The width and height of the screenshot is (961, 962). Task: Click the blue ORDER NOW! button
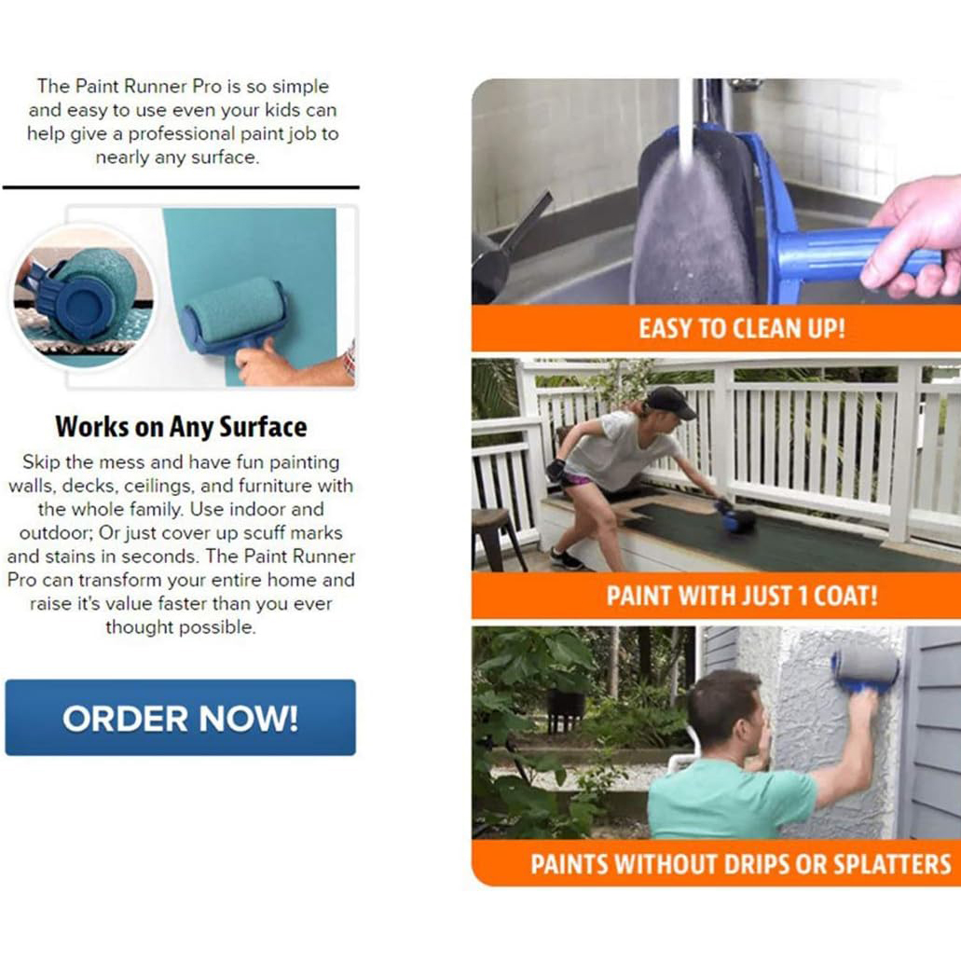tap(180, 717)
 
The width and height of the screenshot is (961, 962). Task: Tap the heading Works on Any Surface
tap(181, 427)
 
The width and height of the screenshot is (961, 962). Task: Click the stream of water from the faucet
tap(686, 121)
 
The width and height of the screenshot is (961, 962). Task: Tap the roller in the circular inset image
tap(90, 289)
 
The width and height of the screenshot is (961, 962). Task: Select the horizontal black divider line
tap(181, 187)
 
